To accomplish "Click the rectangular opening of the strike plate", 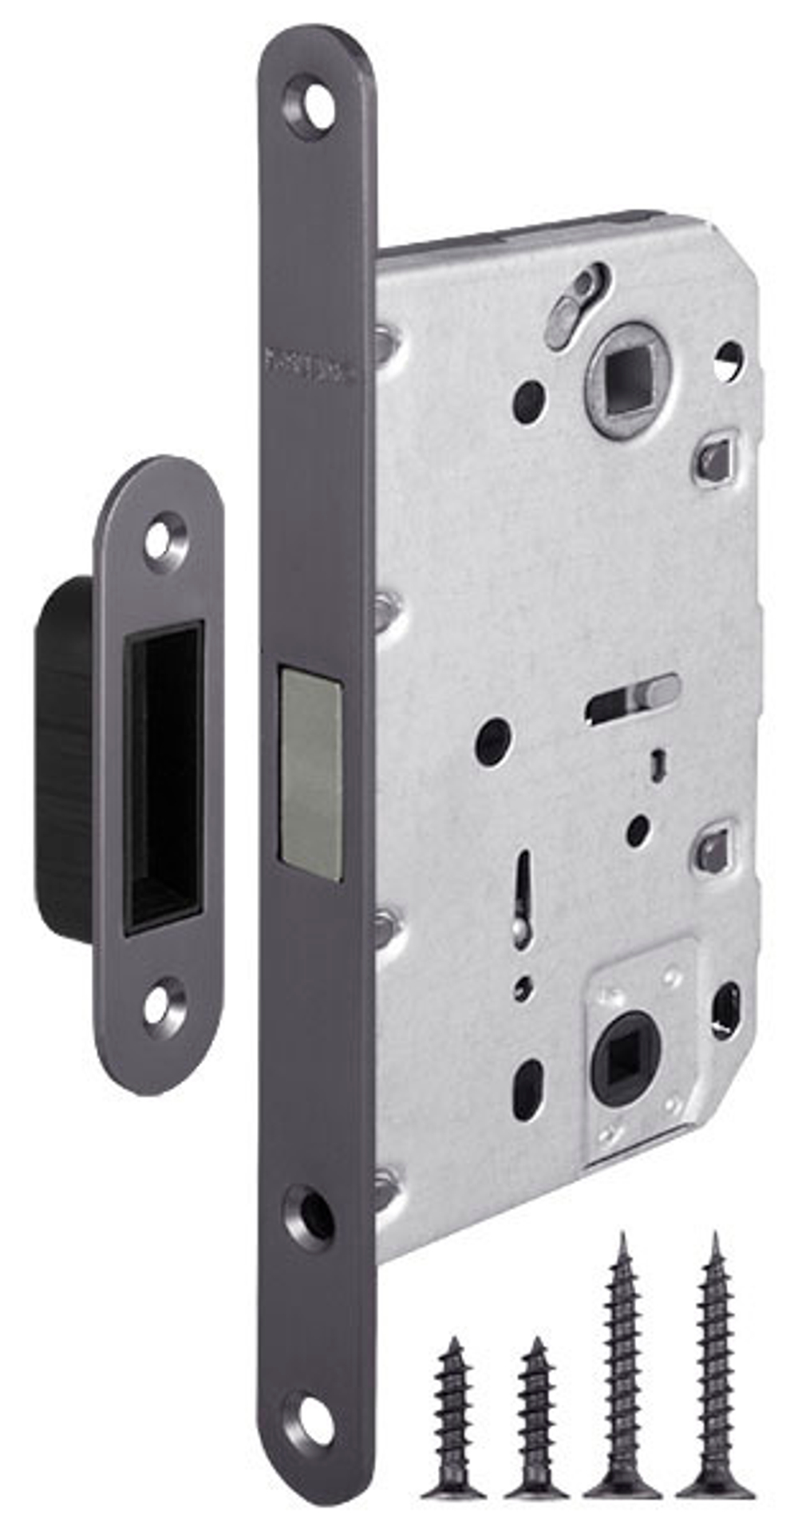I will click(164, 779).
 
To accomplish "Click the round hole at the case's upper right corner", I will click(729, 359).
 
